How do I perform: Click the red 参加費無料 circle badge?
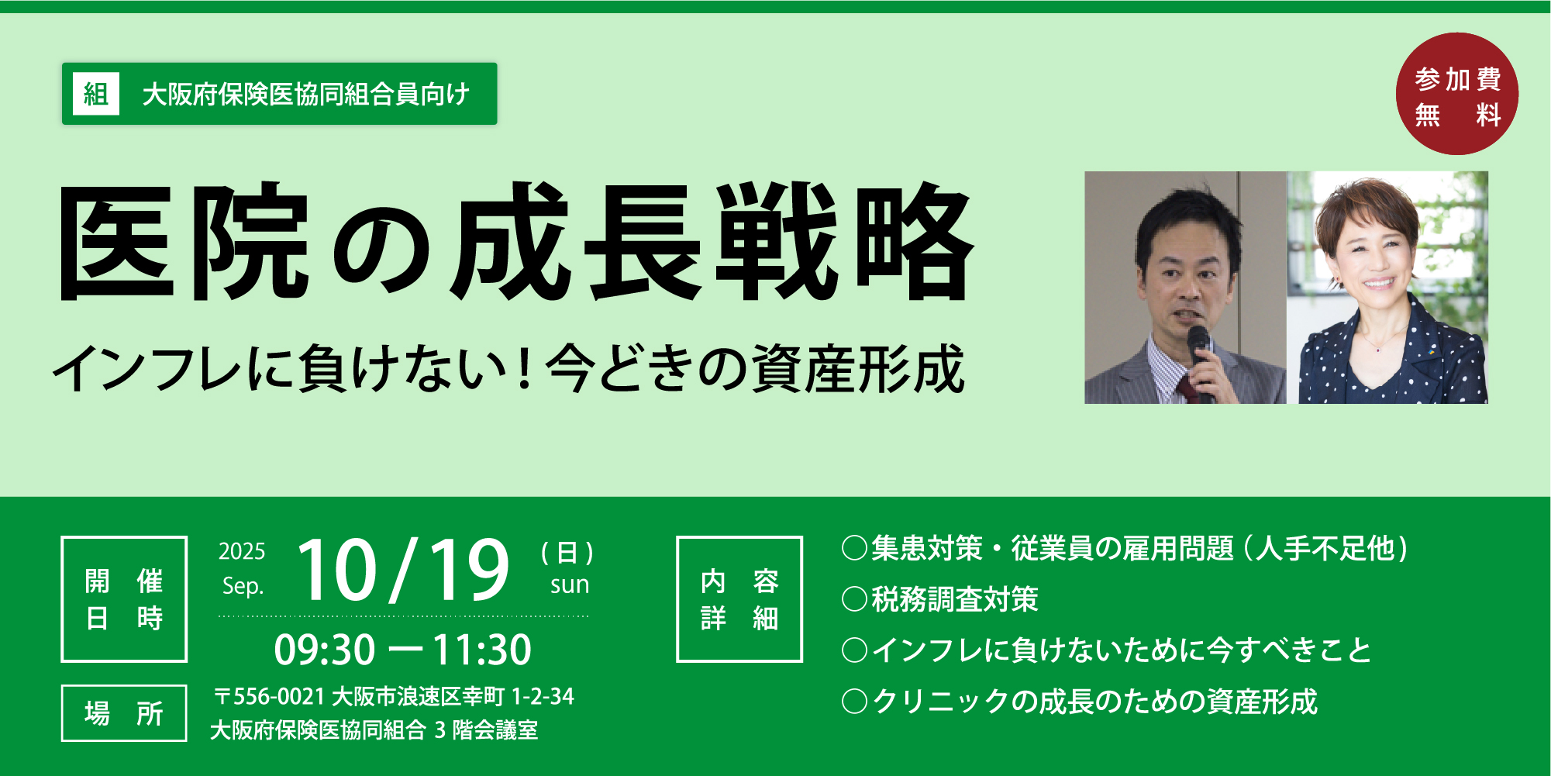pos(1456,94)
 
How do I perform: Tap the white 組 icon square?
pos(96,94)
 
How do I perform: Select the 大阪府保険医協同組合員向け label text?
pos(306,95)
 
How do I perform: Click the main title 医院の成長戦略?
pos(516,243)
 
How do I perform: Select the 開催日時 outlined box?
pos(124,599)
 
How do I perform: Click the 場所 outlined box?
pos(124,713)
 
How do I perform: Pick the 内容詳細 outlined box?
pos(739,599)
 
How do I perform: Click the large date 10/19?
pos(403,570)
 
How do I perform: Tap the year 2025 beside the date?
pos(242,551)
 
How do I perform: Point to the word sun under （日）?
pos(570,585)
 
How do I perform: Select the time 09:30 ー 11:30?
pos(403,650)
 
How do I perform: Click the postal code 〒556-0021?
pos(270,696)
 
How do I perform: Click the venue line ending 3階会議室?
pos(374,730)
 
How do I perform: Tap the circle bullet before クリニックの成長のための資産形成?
pos(854,702)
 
